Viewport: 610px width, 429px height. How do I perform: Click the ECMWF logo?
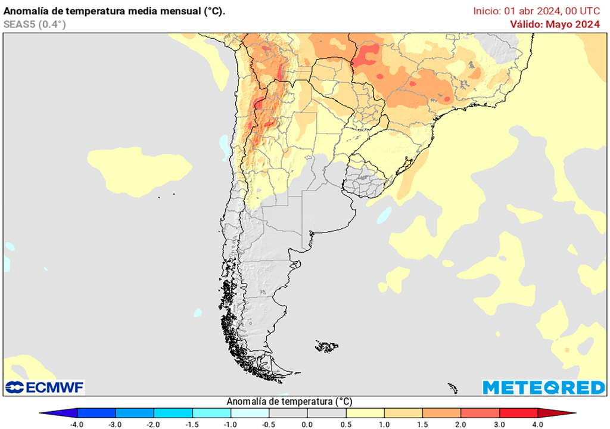click(x=45, y=387)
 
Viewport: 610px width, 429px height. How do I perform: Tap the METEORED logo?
click(x=543, y=387)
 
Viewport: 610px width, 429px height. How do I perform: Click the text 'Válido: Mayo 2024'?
click(x=554, y=24)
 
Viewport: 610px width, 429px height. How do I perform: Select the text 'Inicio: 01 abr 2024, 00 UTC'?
click(x=536, y=11)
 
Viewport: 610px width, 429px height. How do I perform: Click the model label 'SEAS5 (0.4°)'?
click(x=35, y=24)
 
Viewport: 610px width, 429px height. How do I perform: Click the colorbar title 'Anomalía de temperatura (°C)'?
click(x=290, y=402)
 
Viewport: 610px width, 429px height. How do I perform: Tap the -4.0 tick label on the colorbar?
click(x=76, y=424)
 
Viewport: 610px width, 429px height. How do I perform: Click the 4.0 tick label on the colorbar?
click(x=538, y=424)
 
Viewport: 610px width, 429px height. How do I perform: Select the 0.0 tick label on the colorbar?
click(x=307, y=424)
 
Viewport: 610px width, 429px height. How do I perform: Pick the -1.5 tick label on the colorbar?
click(x=192, y=424)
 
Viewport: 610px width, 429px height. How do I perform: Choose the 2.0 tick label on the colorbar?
click(x=460, y=424)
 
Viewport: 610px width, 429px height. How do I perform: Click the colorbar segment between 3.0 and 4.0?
click(x=518, y=413)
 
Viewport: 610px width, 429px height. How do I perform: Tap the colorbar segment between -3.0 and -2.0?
click(x=135, y=413)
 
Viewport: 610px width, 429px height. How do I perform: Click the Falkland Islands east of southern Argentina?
click(x=327, y=346)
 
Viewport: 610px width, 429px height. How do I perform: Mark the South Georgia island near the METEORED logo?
click(x=453, y=388)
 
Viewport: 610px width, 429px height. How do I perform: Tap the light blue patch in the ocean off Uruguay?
click(x=384, y=214)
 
